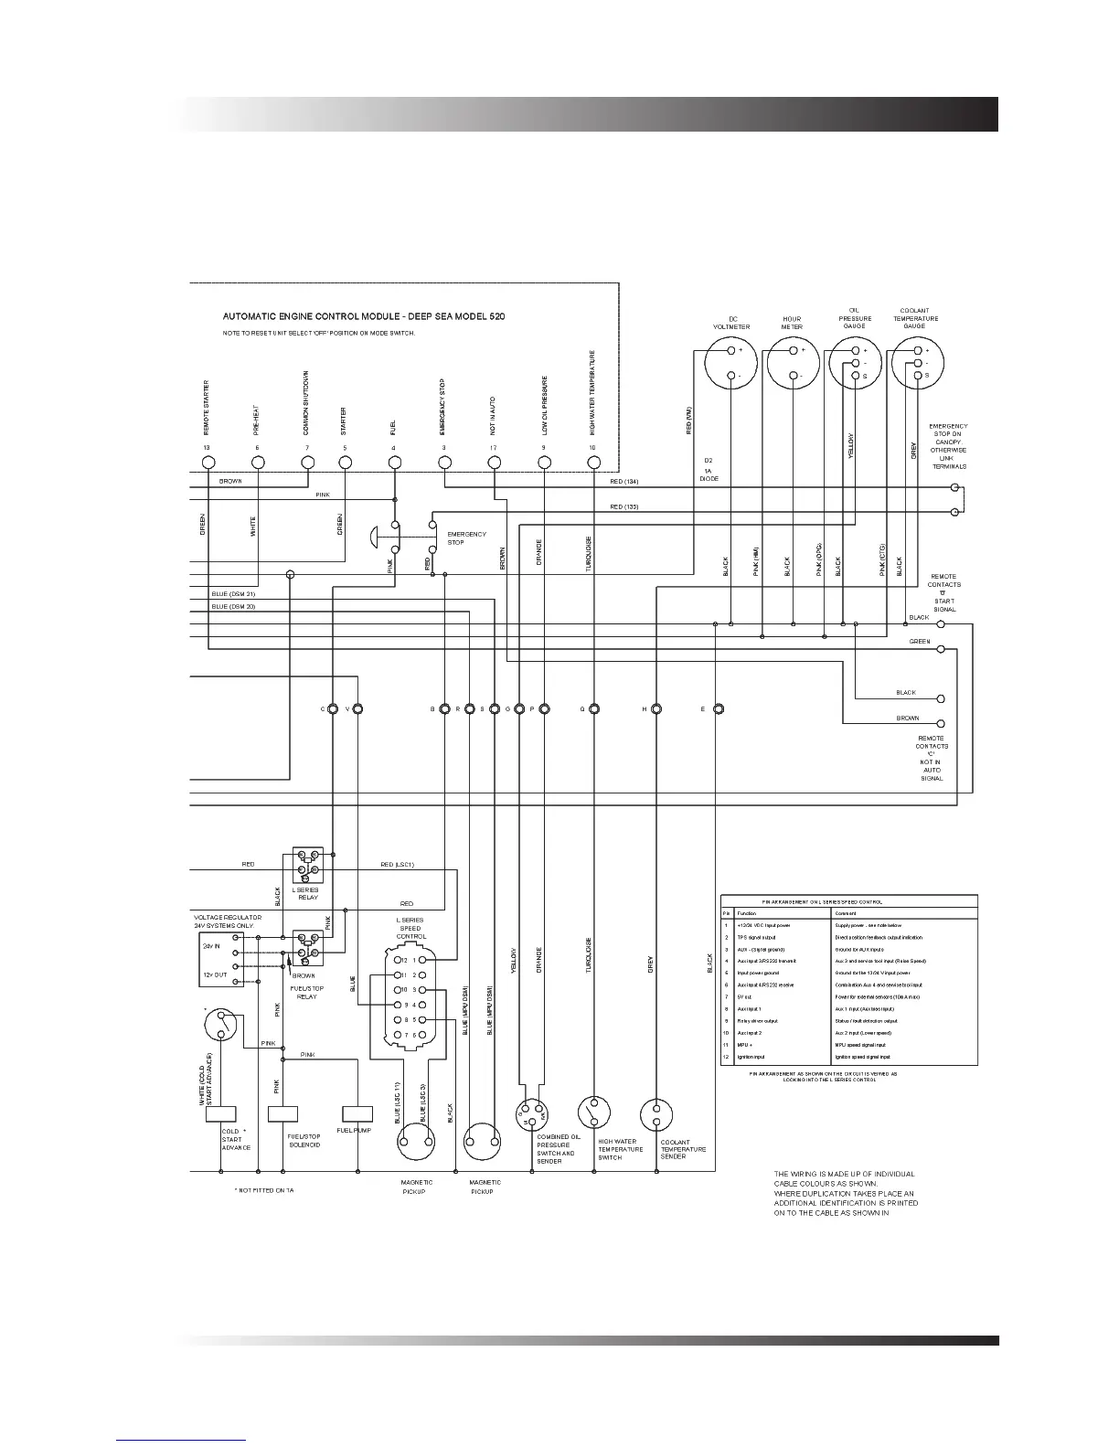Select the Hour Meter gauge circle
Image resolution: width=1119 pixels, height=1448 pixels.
click(792, 363)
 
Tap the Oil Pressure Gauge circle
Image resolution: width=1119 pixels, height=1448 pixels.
click(855, 363)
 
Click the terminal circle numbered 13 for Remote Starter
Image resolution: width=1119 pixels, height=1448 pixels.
click(208, 463)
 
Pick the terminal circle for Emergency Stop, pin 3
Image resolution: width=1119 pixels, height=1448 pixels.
click(444, 463)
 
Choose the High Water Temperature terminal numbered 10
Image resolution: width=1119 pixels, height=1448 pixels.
click(593, 463)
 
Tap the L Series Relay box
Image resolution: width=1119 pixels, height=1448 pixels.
click(308, 864)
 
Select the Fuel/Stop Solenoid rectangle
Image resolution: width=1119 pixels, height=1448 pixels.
click(282, 1113)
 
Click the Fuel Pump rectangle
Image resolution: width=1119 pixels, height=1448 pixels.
click(357, 1113)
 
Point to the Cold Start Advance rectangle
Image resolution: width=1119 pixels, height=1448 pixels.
click(221, 1113)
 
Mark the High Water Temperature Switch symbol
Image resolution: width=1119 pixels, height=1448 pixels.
click(593, 1113)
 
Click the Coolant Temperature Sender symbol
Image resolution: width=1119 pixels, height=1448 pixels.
click(655, 1115)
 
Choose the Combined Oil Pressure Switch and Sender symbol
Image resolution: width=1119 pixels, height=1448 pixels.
click(531, 1115)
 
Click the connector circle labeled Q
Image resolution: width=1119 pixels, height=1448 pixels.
click(593, 708)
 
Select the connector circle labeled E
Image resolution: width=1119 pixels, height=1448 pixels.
click(719, 708)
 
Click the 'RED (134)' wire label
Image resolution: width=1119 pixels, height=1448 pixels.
click(623, 481)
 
